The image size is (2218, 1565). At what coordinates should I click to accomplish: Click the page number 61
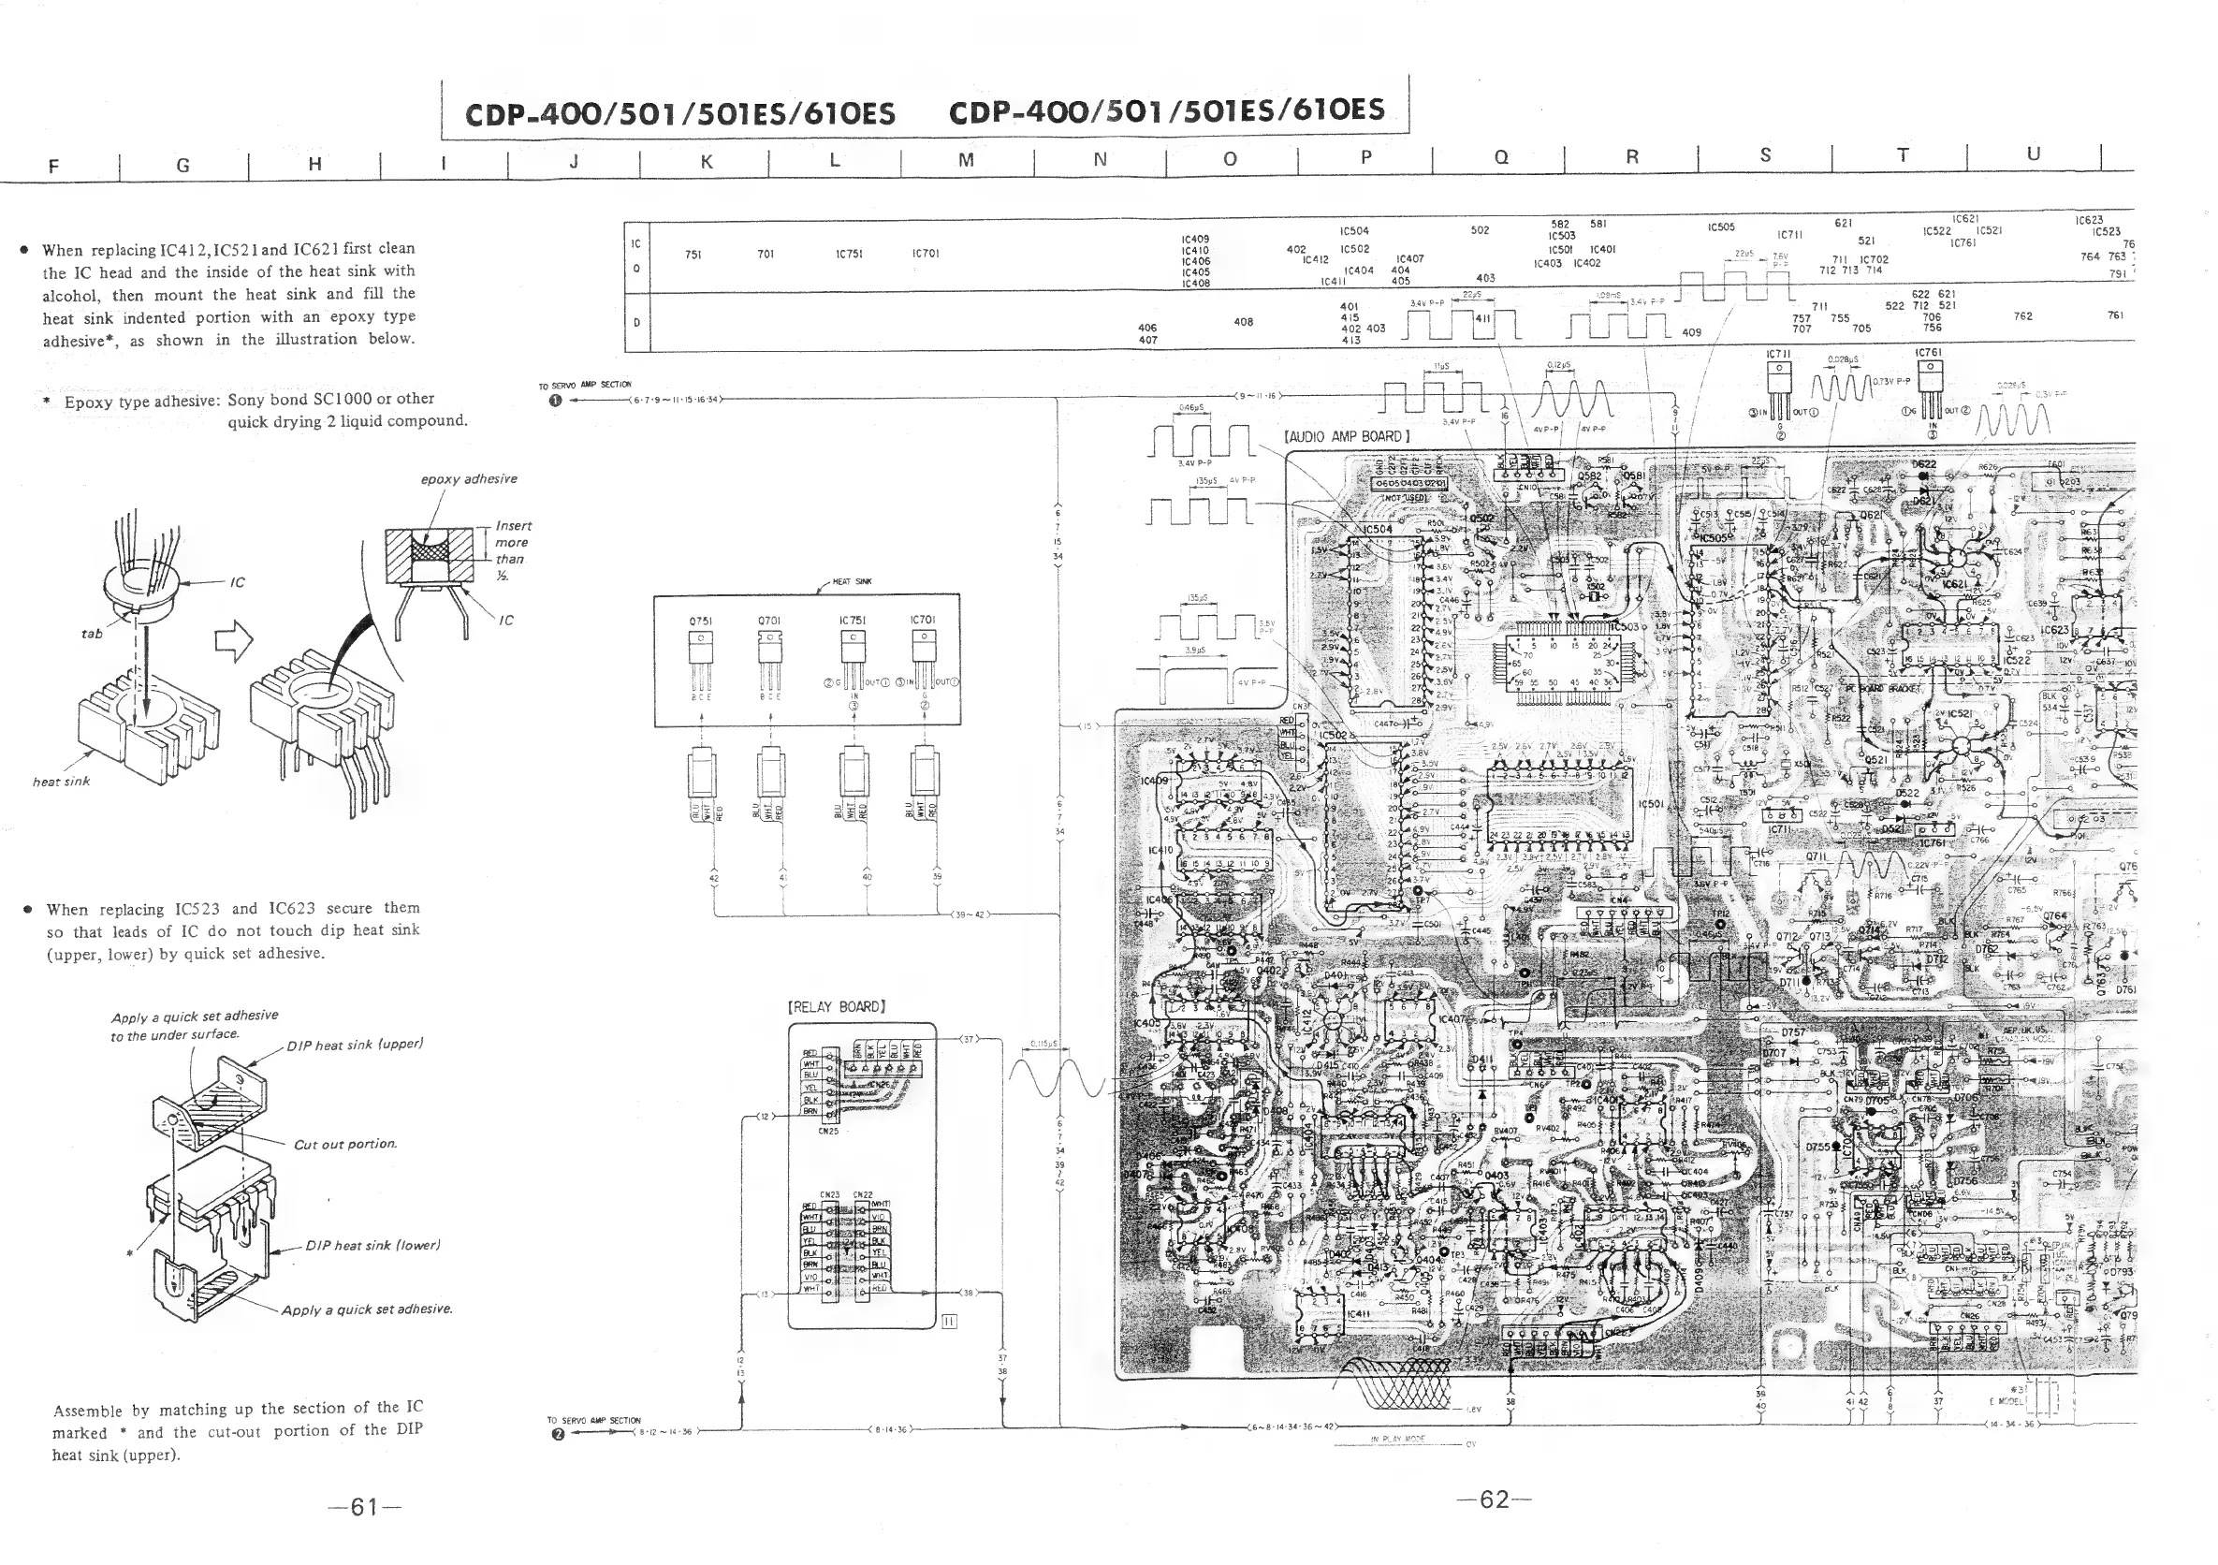point(364,1507)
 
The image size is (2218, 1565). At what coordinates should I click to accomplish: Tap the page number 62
point(1494,1499)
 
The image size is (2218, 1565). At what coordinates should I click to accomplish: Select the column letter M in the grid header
point(965,160)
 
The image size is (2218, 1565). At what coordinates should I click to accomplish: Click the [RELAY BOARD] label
point(837,1006)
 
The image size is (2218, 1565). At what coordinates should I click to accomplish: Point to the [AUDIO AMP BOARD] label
point(1347,437)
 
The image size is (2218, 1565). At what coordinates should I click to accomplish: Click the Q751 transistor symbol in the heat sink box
point(701,653)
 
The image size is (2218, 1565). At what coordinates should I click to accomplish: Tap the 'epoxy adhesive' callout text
point(469,479)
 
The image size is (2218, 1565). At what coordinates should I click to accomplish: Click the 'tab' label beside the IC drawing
point(91,634)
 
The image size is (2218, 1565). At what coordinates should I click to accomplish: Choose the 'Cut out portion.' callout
point(345,1145)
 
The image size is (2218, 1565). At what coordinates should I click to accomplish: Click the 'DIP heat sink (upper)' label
point(355,1046)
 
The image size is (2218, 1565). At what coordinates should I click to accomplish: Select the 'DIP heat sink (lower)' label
point(372,1245)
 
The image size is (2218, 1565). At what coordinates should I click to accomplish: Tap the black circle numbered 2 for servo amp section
point(558,1434)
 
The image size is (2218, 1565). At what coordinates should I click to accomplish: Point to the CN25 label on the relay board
point(828,1132)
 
